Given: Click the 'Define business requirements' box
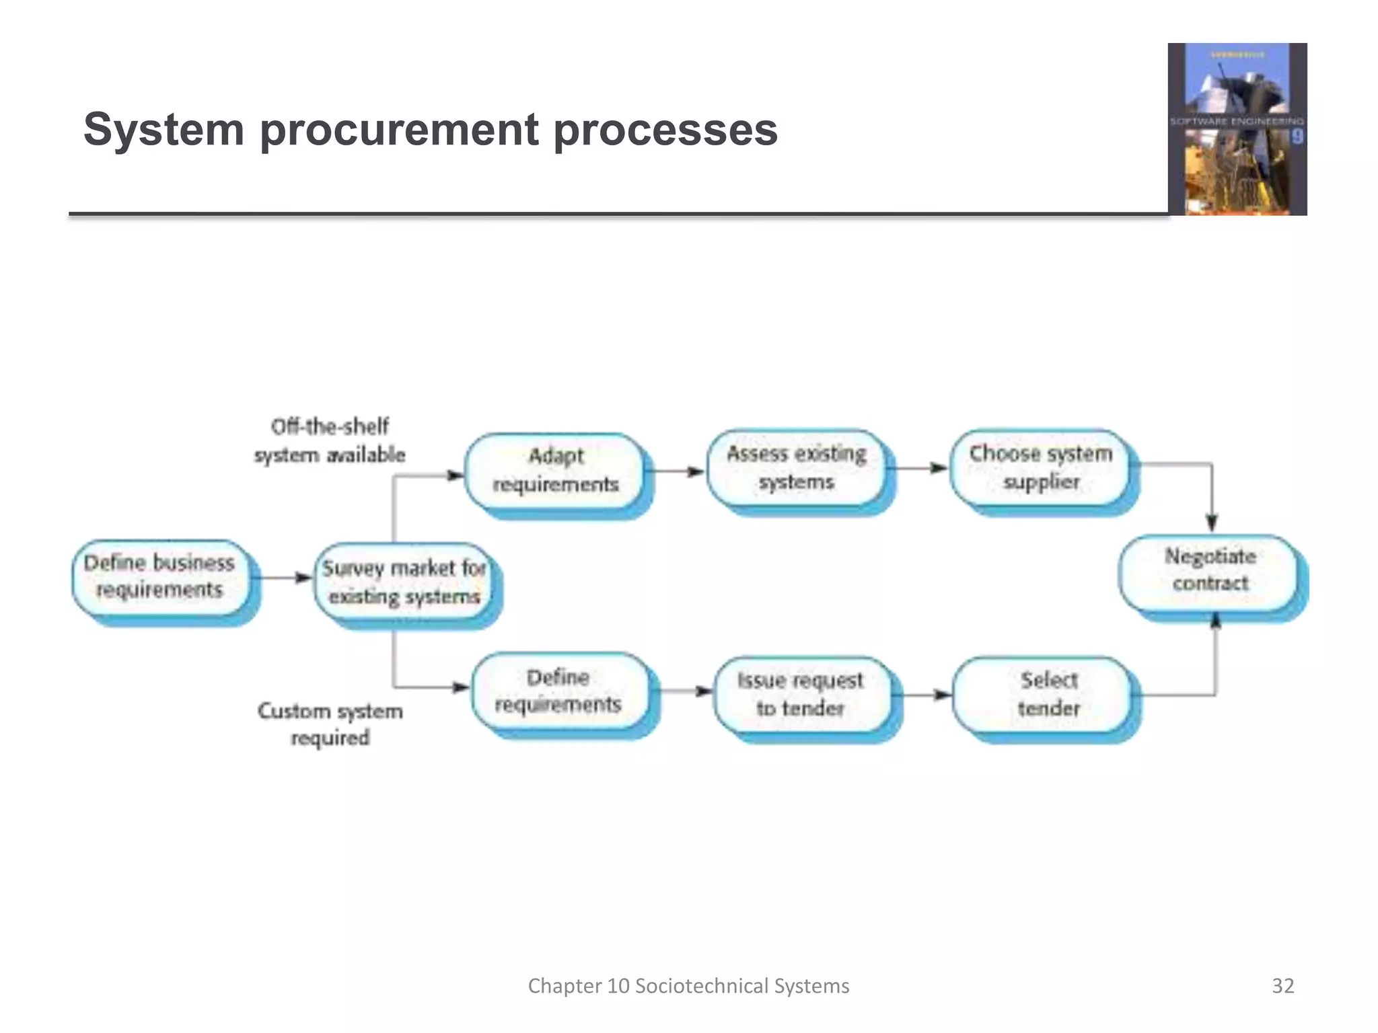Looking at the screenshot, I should [x=160, y=576].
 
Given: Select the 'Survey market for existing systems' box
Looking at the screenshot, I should [x=404, y=582].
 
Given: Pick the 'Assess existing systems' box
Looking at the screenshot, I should [x=797, y=467].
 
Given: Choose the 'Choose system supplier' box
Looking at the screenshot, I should [x=1040, y=467].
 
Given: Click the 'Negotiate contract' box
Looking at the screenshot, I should [x=1210, y=570].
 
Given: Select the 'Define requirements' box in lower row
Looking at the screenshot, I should [x=558, y=691].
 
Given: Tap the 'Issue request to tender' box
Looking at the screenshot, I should [x=801, y=694].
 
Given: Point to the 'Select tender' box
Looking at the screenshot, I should [x=1048, y=694].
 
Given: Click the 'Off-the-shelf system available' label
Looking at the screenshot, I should [x=330, y=441].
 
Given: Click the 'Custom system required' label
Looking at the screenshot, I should [x=330, y=724].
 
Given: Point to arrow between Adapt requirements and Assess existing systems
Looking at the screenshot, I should [x=676, y=471].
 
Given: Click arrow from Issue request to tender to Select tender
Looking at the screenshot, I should [x=925, y=695].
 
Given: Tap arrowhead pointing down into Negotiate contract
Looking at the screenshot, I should [x=1212, y=522].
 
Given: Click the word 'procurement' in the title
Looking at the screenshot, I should [x=399, y=129].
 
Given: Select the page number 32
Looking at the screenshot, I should [x=1282, y=986].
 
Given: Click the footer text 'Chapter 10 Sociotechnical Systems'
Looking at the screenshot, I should [x=688, y=986].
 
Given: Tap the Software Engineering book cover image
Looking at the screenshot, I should [x=1237, y=129].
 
